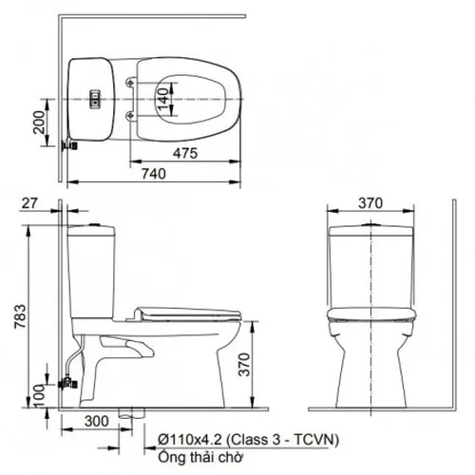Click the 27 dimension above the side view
click(x=28, y=203)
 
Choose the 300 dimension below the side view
click(x=94, y=419)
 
